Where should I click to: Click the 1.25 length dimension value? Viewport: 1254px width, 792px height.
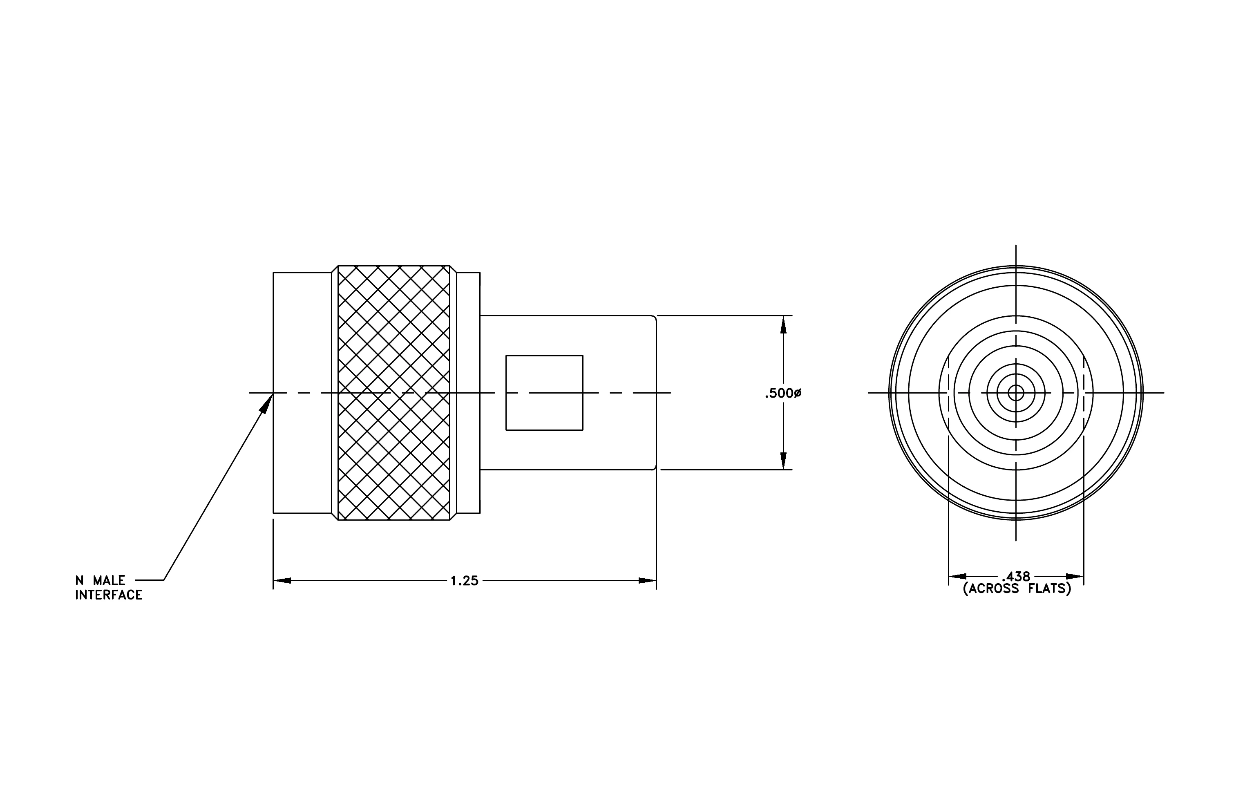point(464,581)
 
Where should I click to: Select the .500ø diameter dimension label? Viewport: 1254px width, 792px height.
point(783,394)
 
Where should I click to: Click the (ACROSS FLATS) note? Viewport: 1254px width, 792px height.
point(1017,589)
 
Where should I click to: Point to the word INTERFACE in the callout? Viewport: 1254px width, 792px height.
point(109,595)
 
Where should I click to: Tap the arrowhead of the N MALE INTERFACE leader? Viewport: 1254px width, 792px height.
point(267,403)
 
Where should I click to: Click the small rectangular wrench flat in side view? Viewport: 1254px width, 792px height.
point(544,393)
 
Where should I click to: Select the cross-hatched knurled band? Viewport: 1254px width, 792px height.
point(394,393)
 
